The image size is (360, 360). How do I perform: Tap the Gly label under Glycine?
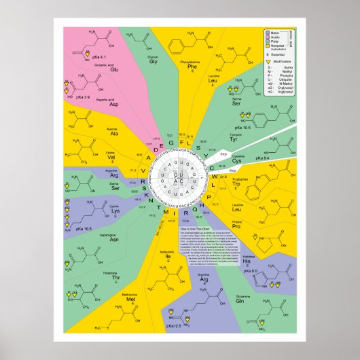154,60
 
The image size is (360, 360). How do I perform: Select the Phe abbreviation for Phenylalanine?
193,66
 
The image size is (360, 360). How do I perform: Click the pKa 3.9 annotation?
83,98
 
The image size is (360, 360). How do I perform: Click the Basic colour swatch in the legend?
268,32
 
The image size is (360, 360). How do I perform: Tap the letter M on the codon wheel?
167,214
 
